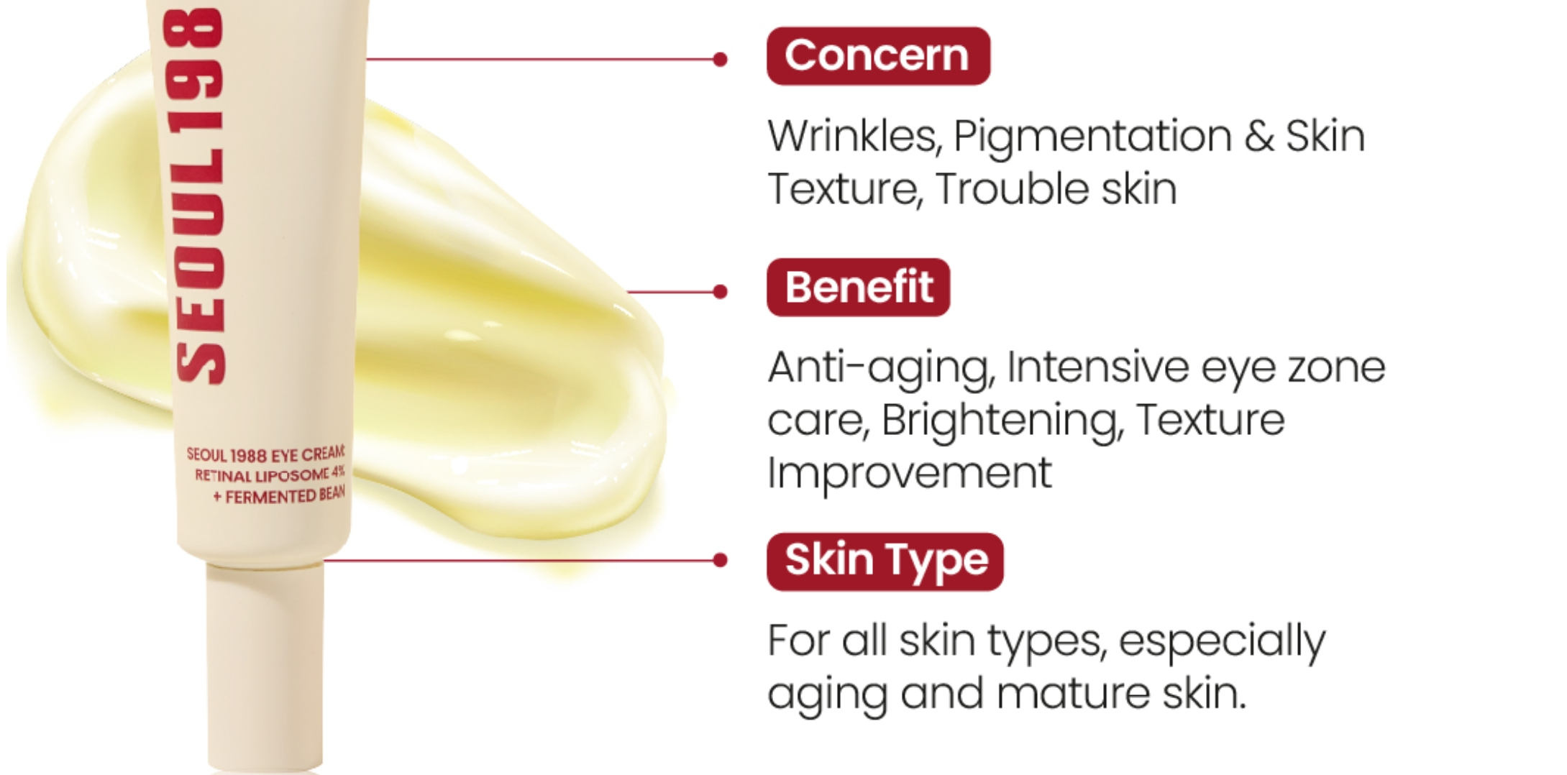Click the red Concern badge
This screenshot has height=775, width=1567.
(x=878, y=56)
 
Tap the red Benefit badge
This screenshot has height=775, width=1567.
(x=858, y=288)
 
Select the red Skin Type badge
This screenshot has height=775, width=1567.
(x=885, y=561)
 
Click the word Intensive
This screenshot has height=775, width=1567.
(x=1097, y=367)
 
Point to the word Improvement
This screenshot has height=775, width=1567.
(x=910, y=474)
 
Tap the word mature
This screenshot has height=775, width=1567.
(x=1073, y=694)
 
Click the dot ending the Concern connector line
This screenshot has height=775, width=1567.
(x=720, y=59)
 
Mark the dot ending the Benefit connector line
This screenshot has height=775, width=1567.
(x=720, y=291)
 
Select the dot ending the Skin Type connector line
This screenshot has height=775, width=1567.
(x=720, y=560)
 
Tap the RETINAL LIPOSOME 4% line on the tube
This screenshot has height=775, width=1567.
(x=270, y=474)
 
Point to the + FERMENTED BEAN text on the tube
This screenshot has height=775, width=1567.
(x=279, y=496)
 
